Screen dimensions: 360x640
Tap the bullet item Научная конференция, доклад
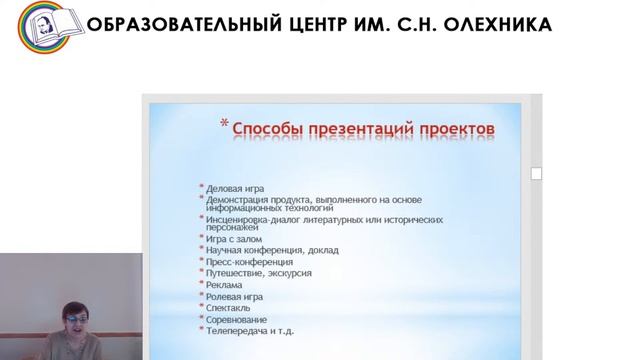272,251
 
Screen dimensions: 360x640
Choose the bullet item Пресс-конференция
250,263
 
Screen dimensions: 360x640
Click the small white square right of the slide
536,174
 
